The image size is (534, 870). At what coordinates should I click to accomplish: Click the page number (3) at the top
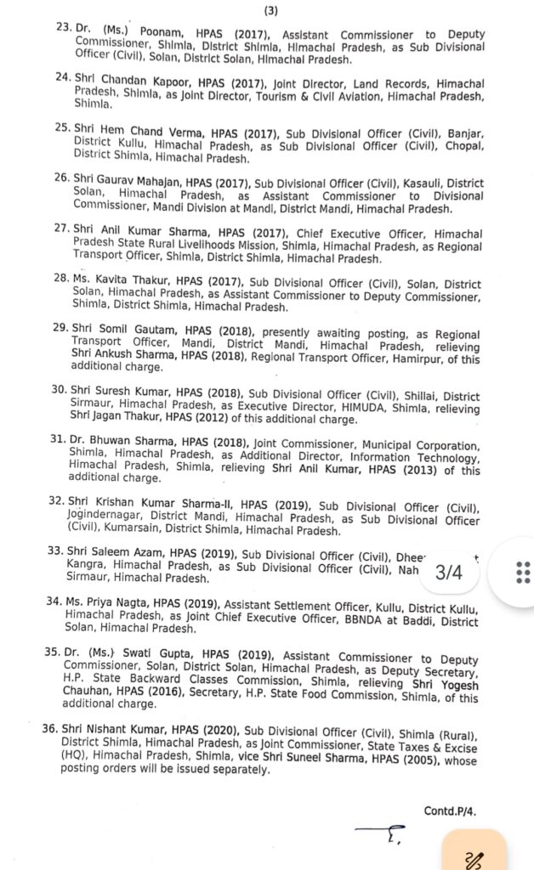270,10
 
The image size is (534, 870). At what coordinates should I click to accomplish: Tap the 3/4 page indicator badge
448,572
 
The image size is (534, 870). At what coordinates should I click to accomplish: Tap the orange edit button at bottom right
474,852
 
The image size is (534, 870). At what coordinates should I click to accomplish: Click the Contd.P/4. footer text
450,811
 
